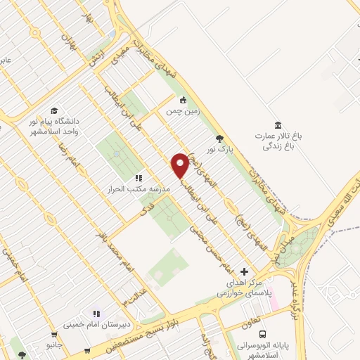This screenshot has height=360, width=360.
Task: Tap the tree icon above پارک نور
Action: point(220,139)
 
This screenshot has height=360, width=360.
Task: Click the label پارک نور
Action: point(219,150)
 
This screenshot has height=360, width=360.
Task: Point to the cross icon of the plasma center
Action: point(244,271)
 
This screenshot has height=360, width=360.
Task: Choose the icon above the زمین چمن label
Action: point(183,99)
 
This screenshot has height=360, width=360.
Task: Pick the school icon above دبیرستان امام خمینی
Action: point(97,314)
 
